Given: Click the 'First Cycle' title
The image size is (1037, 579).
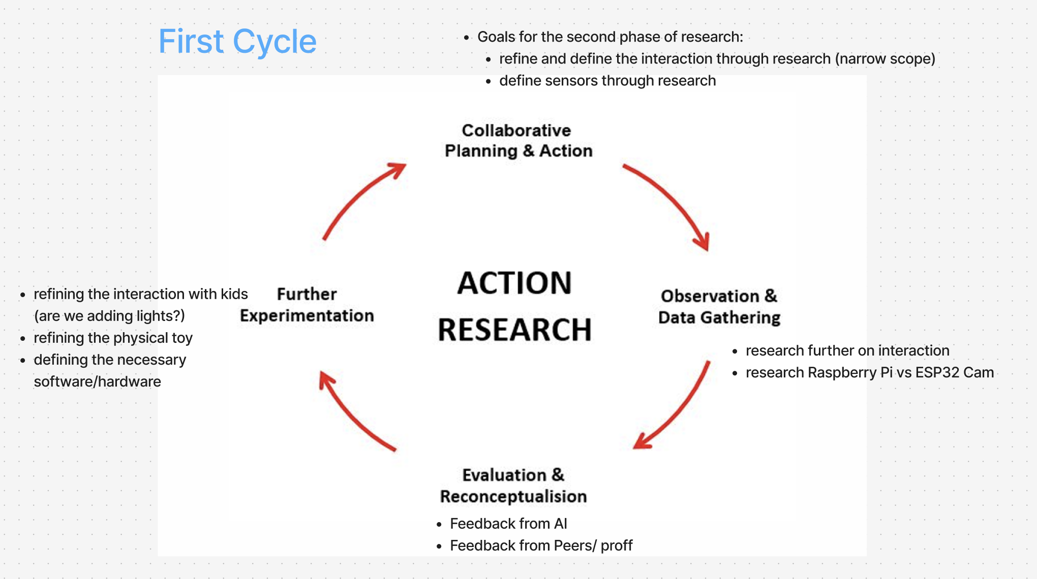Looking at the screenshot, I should (237, 41).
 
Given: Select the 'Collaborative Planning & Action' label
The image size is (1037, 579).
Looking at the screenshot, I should (518, 141).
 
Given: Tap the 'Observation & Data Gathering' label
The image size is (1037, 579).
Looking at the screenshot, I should (719, 307).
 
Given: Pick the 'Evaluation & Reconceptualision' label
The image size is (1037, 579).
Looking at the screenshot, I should (513, 486).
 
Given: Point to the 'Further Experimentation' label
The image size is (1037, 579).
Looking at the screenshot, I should (307, 305).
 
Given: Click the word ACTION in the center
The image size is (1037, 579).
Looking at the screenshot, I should (514, 283).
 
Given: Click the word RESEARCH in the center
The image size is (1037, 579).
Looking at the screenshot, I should (514, 330).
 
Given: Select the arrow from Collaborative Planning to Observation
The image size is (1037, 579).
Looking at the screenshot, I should (671, 201).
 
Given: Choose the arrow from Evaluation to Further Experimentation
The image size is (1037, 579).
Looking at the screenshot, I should (351, 414).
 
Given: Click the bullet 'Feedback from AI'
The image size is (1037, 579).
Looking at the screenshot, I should (508, 524).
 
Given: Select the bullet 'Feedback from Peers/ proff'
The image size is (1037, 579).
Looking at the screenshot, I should (541, 545).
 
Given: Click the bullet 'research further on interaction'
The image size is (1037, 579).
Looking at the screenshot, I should (847, 350).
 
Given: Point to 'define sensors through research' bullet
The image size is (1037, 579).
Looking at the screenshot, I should (607, 81).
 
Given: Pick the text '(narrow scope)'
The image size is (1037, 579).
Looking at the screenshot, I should (885, 59).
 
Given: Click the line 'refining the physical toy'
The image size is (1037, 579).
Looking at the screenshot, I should (113, 338).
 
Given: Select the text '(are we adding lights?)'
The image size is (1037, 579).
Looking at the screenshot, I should (109, 316).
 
